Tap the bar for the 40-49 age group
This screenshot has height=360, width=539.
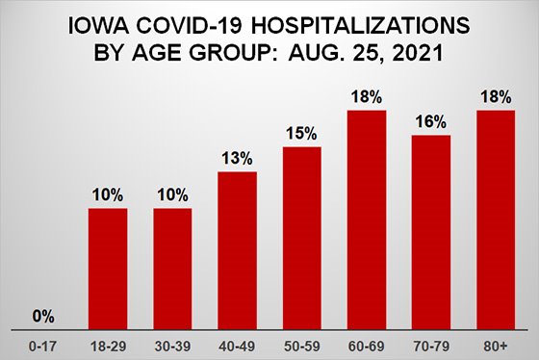click(237, 252)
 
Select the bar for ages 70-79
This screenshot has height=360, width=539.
click(430, 234)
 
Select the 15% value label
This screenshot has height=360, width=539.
click(301, 135)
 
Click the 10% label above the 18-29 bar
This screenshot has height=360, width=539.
click(108, 195)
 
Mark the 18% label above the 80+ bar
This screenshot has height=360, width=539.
click(495, 97)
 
